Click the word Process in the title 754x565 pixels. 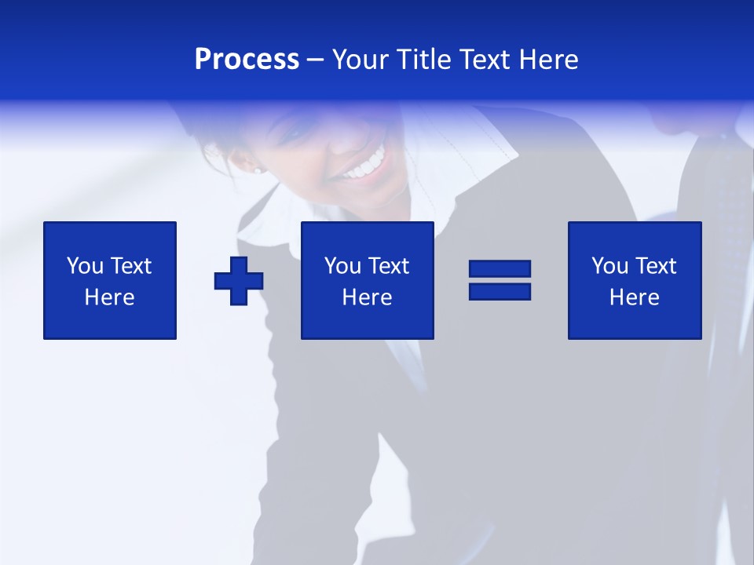coord(247,60)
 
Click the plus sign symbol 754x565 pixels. coord(238,280)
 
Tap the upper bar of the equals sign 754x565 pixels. coord(500,269)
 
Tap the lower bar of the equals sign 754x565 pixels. coord(500,292)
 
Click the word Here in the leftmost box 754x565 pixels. coord(109,297)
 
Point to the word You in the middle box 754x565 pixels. coord(342,266)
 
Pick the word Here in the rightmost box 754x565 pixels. coord(634,297)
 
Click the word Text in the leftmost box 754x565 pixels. coord(130,266)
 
